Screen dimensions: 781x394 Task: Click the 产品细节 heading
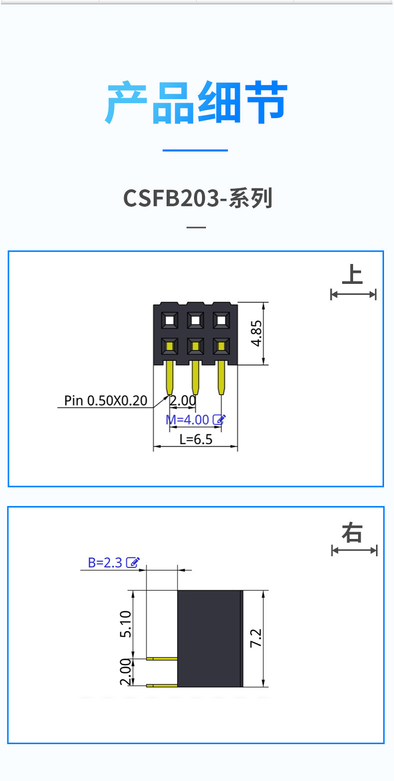[x=197, y=103]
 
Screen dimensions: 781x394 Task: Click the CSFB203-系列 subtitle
[x=197, y=198]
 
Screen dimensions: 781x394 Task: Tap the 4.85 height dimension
[x=256, y=333]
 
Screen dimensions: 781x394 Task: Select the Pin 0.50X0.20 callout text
[x=106, y=400]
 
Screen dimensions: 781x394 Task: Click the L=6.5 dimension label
[x=196, y=439]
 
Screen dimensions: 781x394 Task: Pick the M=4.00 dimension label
[x=188, y=420]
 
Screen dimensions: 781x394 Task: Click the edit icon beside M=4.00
[x=219, y=419]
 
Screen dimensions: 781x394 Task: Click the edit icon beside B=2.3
[x=133, y=562]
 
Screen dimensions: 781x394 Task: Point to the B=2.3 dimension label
[x=105, y=563]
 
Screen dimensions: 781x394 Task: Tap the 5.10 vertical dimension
[x=126, y=624]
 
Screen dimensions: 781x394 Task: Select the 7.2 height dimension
[x=255, y=638]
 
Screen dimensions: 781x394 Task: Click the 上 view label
[x=353, y=275]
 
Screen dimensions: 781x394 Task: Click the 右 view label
[x=353, y=533]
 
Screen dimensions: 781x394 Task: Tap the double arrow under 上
[x=353, y=294]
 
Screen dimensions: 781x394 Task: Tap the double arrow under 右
[x=354, y=550]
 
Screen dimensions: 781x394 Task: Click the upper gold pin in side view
[x=162, y=658]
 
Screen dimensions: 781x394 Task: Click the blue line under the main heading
[x=196, y=150]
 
